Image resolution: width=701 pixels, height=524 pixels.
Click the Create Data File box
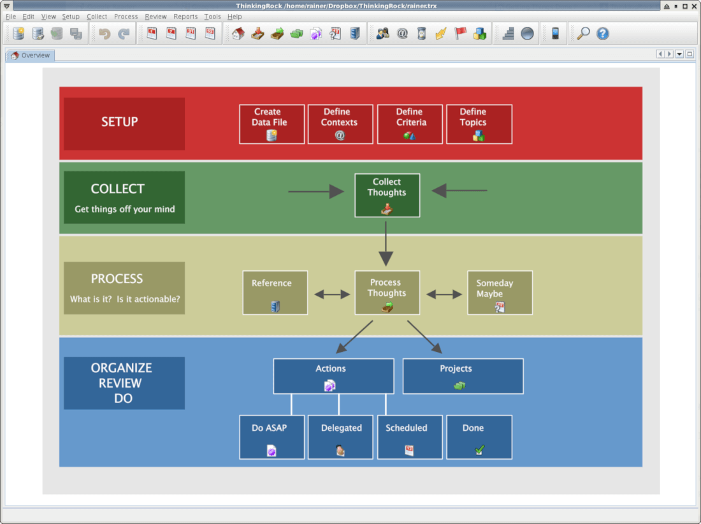tap(272, 124)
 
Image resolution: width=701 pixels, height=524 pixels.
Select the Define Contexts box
tap(340, 124)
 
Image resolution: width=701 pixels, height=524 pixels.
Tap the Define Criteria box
tap(410, 124)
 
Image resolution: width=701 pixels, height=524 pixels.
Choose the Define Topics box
tap(479, 124)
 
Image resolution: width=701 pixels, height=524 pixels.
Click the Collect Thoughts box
tap(387, 195)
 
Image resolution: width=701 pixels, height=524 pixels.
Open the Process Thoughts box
tap(387, 293)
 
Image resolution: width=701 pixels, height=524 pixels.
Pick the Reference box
tap(275, 293)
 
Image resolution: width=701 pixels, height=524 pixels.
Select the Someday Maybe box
tap(500, 293)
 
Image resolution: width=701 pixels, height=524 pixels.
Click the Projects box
tap(463, 376)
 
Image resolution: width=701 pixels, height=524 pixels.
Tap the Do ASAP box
tap(272, 437)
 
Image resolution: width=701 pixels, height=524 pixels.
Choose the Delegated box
tap(340, 437)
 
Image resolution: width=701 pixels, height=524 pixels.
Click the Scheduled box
tap(410, 437)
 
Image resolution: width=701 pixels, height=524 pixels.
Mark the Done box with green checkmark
tap(479, 437)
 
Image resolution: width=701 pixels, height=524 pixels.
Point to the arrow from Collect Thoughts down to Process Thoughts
tap(386, 244)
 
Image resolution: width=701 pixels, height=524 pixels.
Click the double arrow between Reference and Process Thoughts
tap(332, 294)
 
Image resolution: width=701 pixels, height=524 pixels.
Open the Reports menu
tap(185, 17)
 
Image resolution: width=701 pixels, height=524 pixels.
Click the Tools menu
tap(212, 17)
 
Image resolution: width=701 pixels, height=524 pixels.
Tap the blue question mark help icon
tap(603, 34)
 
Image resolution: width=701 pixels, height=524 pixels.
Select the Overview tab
tap(31, 55)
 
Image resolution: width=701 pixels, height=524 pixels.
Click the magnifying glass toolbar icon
tap(583, 34)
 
